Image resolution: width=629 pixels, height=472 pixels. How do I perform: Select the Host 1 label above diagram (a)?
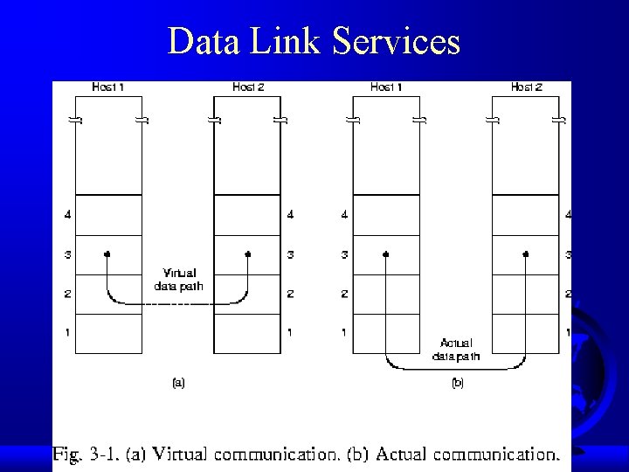107,87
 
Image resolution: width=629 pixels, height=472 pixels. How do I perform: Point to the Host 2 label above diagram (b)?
527,87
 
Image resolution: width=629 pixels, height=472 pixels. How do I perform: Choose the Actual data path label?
456,350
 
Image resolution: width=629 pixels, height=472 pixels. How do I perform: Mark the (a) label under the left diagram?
177,382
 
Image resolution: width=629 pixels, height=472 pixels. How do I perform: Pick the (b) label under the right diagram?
457,382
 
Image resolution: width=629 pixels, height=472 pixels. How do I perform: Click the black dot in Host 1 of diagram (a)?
107,254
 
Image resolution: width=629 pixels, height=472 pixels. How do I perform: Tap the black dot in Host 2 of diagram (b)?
526,254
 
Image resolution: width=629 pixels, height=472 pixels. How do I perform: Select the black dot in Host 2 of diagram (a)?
248,254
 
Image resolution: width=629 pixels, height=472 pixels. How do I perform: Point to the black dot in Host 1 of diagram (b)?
385,254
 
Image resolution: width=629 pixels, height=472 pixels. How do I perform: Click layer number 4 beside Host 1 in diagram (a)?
68,215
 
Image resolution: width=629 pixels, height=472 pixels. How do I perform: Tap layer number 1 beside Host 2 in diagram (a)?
289,333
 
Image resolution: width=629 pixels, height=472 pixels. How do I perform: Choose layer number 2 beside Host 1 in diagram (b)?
345,294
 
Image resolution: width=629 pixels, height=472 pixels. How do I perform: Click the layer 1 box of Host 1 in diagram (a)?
108,334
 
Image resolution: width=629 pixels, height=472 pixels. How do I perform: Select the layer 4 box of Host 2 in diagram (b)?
525,215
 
